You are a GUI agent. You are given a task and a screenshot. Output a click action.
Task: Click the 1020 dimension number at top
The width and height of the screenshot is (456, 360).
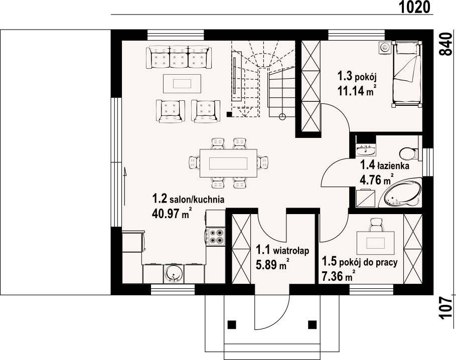coord(414,7)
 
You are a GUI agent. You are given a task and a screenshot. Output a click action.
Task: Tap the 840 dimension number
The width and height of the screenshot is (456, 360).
coord(445,44)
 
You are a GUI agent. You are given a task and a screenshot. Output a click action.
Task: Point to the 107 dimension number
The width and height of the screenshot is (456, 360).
coord(445,308)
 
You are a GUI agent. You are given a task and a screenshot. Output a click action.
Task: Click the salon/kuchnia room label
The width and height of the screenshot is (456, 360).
coord(197,200)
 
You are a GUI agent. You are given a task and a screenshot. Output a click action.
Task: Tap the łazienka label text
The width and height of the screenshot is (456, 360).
coord(393,166)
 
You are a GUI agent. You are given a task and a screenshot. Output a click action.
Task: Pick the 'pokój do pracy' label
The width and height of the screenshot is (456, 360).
coord(368,262)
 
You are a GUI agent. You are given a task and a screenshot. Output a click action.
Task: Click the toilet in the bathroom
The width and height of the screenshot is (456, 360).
coord(409,153)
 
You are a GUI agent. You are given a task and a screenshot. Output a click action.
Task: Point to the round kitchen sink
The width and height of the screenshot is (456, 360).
coord(174,274)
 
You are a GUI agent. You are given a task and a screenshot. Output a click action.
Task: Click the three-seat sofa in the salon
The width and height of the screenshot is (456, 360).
coord(179,58)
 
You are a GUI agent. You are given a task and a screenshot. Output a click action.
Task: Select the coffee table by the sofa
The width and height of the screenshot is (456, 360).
coord(182,84)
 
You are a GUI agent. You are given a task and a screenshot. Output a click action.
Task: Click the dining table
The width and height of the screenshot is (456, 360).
coord(228,163)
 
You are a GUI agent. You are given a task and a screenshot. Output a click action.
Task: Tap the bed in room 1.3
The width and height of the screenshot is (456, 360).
coord(407,74)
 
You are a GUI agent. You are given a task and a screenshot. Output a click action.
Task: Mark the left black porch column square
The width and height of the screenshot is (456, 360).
coord(232,324)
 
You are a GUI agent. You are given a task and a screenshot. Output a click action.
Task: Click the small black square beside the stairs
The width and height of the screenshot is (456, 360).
coord(229,114)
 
